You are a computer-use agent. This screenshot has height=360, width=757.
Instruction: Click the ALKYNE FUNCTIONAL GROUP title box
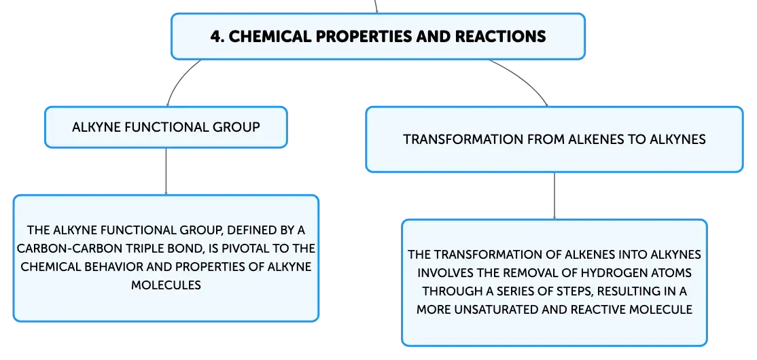tap(166, 127)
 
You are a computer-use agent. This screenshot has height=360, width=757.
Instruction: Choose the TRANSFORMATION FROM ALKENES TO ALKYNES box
tap(554, 139)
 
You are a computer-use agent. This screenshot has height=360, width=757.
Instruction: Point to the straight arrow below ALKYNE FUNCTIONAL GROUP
tap(166, 171)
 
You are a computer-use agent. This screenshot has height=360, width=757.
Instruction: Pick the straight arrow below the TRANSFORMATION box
tap(554, 196)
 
